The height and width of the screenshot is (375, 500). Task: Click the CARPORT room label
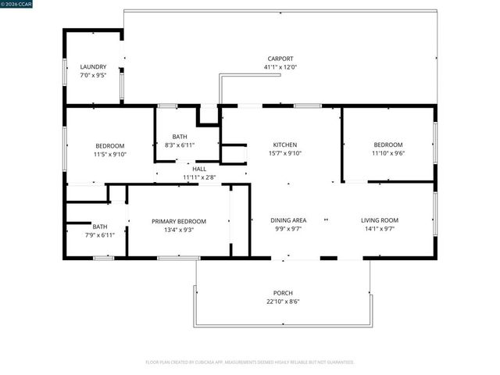click(280, 59)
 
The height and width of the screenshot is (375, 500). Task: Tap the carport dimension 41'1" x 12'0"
click(280, 68)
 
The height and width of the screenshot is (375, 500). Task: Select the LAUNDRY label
click(93, 67)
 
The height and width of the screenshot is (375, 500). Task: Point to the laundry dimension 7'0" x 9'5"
click(93, 77)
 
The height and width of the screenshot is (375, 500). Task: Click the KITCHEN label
click(284, 145)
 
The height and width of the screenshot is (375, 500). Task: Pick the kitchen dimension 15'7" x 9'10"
click(284, 154)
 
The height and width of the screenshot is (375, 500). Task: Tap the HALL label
click(199, 169)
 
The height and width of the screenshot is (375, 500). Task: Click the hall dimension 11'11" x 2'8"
click(199, 177)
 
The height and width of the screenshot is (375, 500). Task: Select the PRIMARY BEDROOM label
click(179, 221)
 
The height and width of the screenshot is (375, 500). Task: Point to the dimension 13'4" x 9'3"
click(179, 230)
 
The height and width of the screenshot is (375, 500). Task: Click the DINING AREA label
click(288, 220)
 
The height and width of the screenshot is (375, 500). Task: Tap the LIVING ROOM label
click(380, 220)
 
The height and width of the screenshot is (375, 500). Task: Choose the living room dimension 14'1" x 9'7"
click(380, 230)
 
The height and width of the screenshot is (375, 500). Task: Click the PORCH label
click(283, 293)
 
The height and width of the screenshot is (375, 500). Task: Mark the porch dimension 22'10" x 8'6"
click(283, 302)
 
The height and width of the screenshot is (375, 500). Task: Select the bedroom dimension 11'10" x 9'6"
click(388, 154)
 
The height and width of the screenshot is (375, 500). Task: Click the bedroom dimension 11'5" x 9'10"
click(110, 155)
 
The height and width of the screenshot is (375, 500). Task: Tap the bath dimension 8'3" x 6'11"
click(179, 145)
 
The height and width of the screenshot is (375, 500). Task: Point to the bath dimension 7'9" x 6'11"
click(99, 235)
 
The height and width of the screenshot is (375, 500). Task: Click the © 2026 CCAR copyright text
click(24, 4)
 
